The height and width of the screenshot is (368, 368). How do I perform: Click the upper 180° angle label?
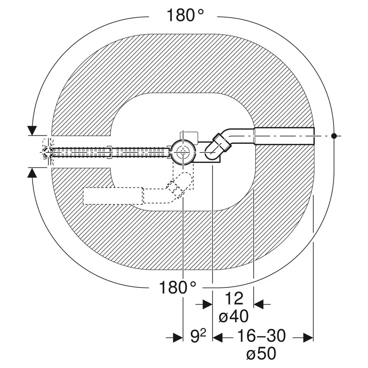click(x=185, y=15)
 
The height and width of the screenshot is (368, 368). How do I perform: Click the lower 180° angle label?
click(x=177, y=287)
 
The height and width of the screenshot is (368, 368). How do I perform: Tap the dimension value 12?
click(x=234, y=298)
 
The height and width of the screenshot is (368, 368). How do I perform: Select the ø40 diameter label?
click(x=234, y=316)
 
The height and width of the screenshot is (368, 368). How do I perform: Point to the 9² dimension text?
click(x=198, y=337)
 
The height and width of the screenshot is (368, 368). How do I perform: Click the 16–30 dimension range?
click(x=261, y=336)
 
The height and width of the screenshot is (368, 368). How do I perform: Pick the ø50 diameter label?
click(x=261, y=354)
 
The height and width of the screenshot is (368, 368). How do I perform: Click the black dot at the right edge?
click(x=333, y=136)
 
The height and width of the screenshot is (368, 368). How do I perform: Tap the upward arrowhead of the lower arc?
click(x=32, y=173)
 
